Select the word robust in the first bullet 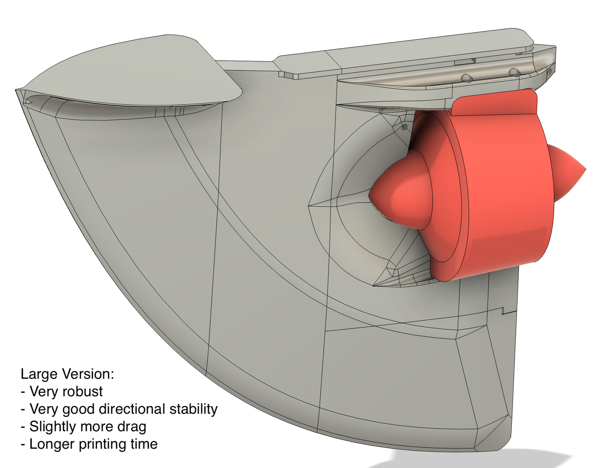(86, 392)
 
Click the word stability (193, 409)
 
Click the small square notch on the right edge (505, 311)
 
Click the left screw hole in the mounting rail (466, 78)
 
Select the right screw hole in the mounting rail (514, 72)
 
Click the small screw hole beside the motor (404, 127)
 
